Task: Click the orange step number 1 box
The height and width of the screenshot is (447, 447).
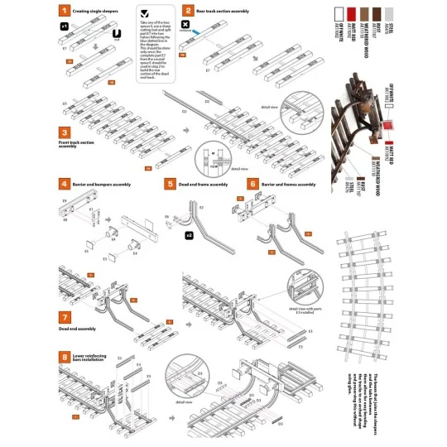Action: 64,12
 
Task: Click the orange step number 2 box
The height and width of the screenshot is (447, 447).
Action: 189,12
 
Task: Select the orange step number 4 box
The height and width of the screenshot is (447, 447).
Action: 64,184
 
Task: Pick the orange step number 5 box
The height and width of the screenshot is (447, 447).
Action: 170,184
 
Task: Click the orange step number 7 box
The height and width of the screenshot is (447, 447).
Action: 64,317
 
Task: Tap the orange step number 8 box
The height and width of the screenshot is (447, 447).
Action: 64,357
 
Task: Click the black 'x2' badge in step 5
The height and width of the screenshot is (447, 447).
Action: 190,235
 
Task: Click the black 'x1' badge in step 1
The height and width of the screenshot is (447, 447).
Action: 64,27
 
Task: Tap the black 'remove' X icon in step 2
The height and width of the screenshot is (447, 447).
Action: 185,26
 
